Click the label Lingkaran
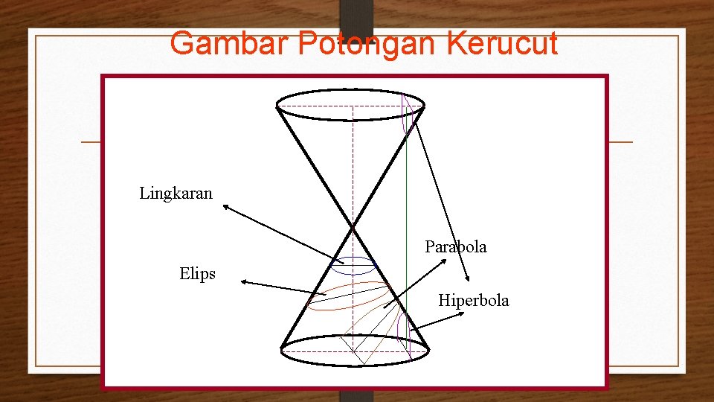(176, 194)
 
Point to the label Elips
(197, 274)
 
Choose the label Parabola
(456, 246)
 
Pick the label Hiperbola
(474, 301)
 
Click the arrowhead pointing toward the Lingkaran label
(227, 208)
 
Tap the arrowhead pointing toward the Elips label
(243, 282)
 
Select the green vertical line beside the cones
(407, 223)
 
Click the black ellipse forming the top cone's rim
(350, 91)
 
